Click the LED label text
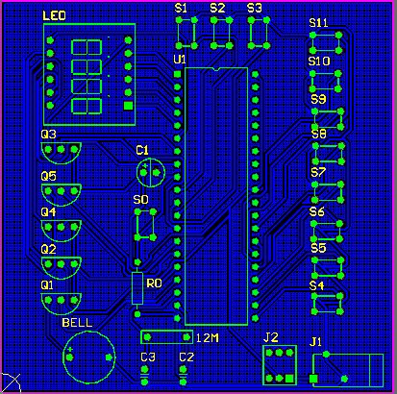pos(54,15)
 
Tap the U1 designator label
pos(180,60)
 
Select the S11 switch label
pos(318,23)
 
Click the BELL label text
pos(77,323)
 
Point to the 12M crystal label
pos(208,338)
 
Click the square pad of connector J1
pos(313,379)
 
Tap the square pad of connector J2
pos(289,379)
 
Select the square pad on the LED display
pos(128,106)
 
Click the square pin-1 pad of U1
pos(177,74)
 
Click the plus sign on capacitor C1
pos(145,166)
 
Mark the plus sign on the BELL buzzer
pos(70,350)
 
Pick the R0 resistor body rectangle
pos(137,288)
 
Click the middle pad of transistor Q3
pos(61,149)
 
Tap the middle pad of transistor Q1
pos(61,300)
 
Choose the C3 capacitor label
pos(148,357)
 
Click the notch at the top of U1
pos(216,69)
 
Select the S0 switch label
pos(140,200)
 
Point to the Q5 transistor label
pos(49,176)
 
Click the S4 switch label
pos(316,285)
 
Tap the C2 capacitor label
pos(186,357)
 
